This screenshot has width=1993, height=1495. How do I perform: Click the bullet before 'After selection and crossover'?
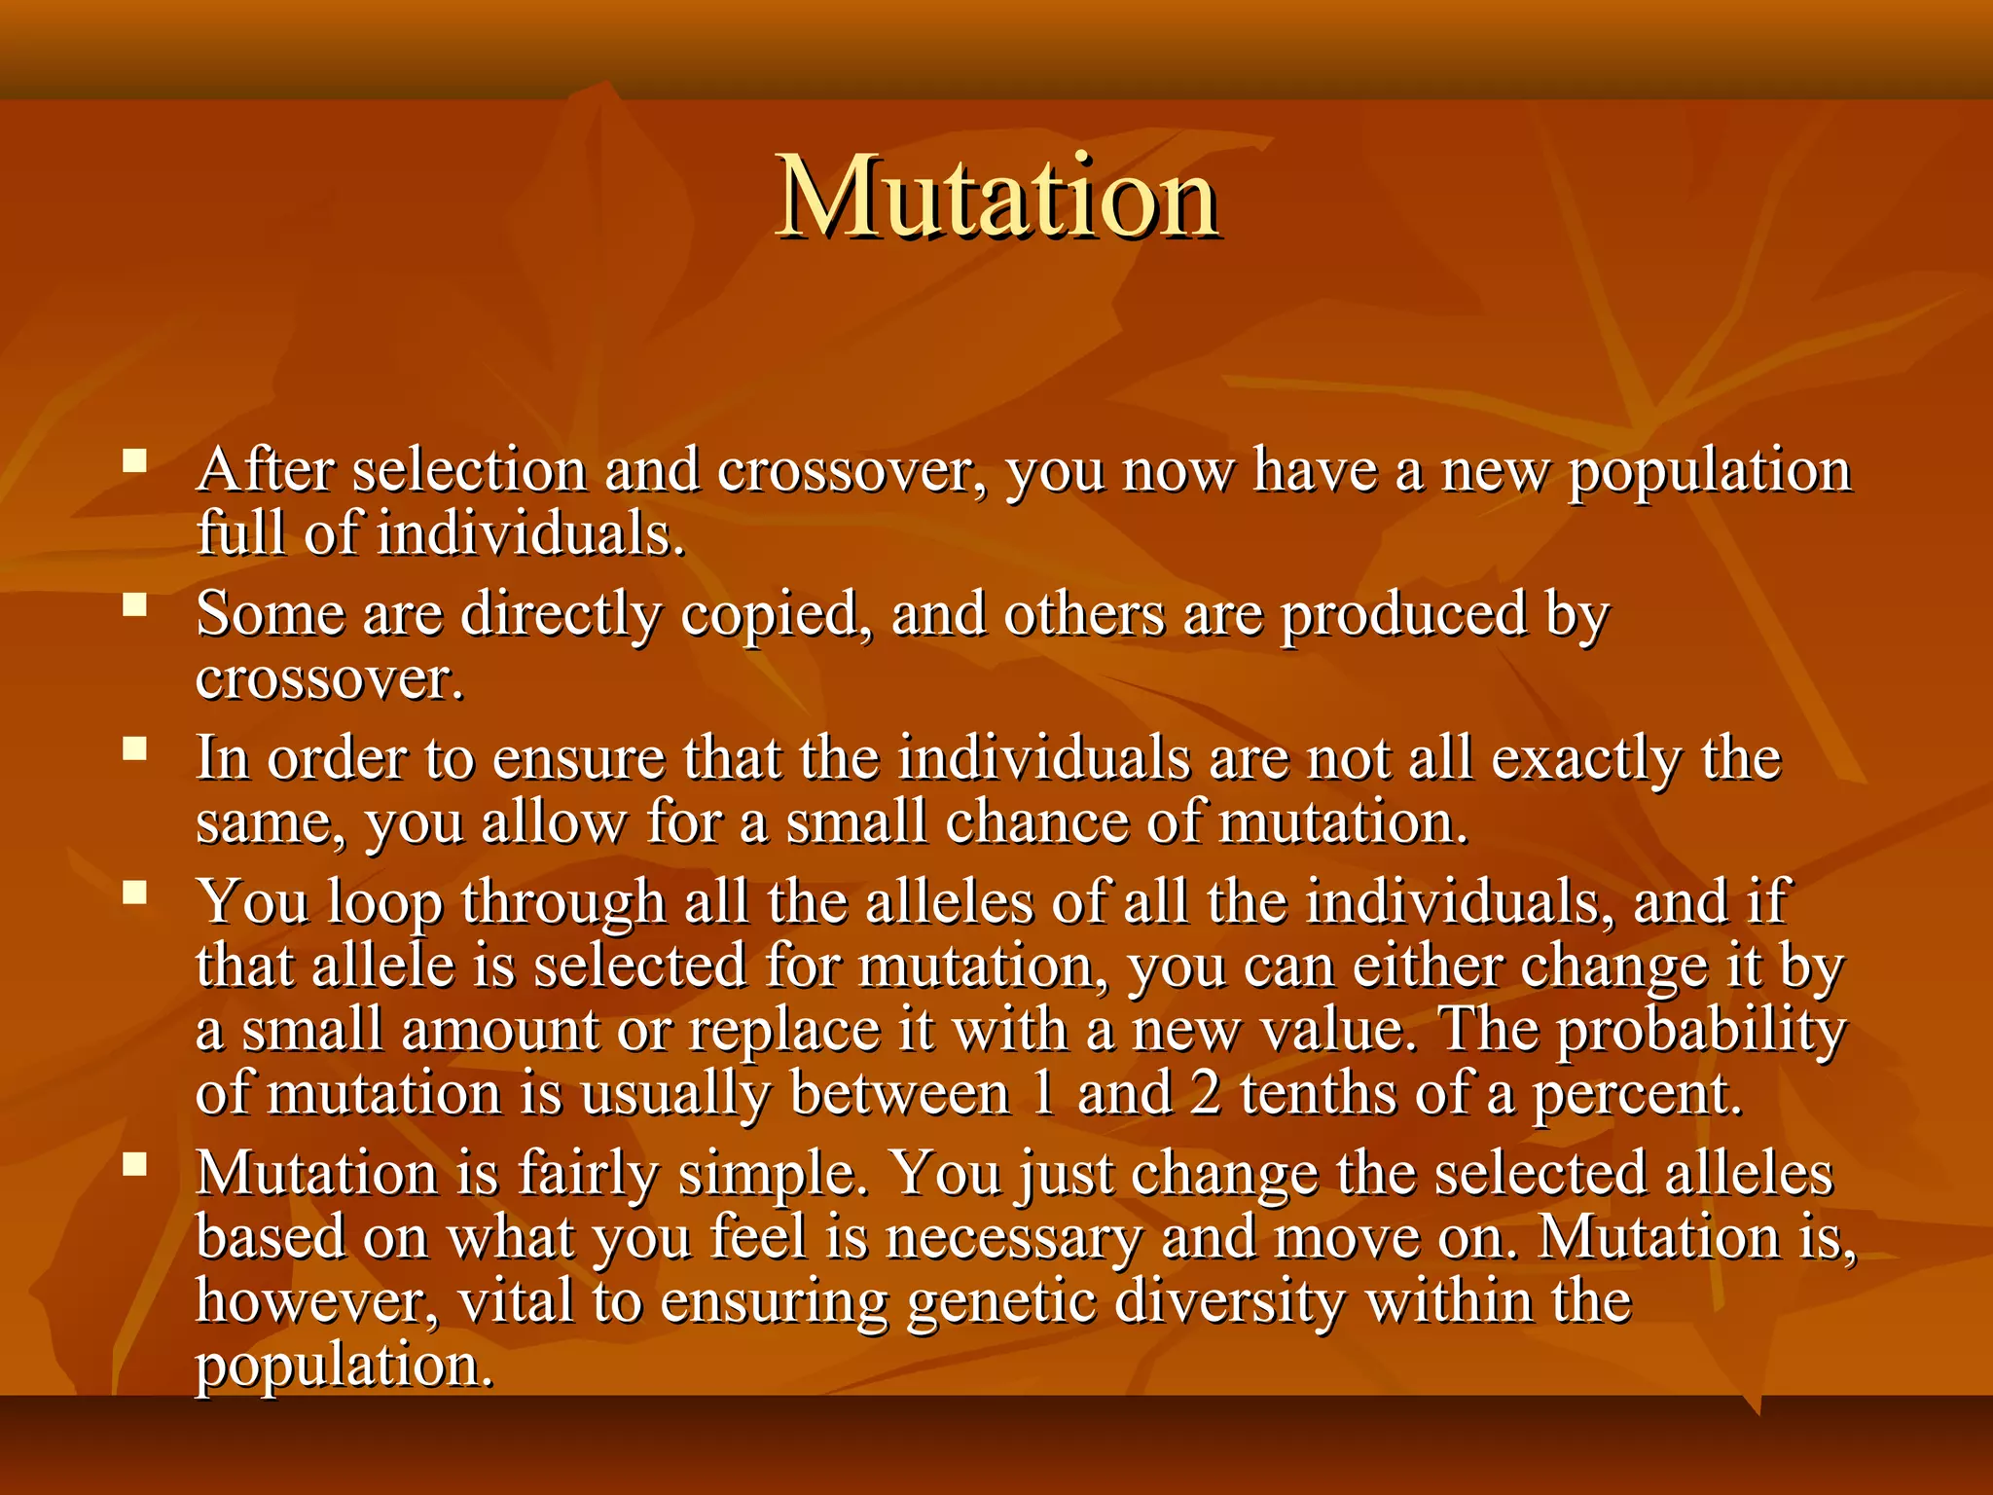point(135,460)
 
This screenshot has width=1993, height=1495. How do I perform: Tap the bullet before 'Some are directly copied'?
point(135,605)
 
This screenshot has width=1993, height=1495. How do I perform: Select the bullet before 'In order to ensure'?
point(135,748)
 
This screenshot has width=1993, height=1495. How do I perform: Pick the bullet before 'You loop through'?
point(135,893)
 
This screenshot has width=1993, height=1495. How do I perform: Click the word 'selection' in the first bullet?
point(470,470)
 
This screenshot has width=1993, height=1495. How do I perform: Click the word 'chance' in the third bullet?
point(1036,822)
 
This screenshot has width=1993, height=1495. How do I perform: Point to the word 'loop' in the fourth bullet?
point(385,902)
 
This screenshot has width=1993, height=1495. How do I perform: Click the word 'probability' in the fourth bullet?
point(1699,1030)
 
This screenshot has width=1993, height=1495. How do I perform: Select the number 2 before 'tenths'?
point(1205,1093)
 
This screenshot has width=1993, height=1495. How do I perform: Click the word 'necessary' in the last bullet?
point(1013,1239)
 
